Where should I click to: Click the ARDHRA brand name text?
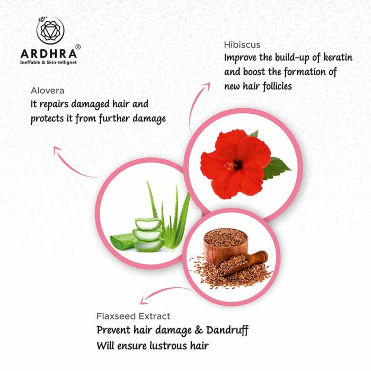[49, 54]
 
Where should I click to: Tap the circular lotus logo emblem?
[50, 31]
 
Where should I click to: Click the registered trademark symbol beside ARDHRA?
[78, 47]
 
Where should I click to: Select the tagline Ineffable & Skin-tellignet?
[48, 63]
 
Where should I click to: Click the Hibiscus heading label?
[242, 45]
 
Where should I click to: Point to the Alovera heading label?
[47, 91]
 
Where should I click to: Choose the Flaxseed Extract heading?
[133, 316]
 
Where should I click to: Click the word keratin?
[338, 57]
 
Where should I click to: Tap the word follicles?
[277, 86]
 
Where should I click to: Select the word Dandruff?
[227, 331]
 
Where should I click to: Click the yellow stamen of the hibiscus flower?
[229, 166]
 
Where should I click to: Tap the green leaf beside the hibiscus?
[276, 168]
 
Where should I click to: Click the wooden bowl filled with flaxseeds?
[225, 245]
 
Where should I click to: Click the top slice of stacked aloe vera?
[148, 224]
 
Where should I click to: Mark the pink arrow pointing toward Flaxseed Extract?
[163, 291]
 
